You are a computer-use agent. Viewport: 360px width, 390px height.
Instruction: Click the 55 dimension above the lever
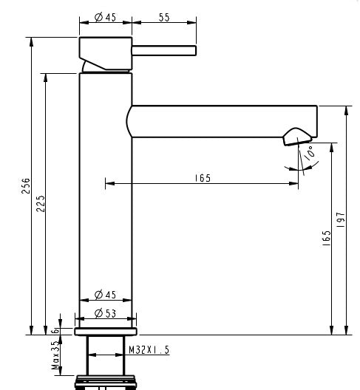[x=163, y=17]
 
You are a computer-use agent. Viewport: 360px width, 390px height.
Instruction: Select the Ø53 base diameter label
[x=106, y=312]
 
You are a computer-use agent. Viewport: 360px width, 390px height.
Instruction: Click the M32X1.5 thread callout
[x=149, y=350]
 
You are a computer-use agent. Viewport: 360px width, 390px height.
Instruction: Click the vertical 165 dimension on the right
[x=326, y=239]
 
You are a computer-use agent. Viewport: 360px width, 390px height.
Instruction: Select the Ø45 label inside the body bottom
[x=106, y=295]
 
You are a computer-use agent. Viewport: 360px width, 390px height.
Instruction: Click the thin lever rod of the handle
[x=163, y=50]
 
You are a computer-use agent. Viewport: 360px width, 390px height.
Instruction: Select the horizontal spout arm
[x=222, y=121]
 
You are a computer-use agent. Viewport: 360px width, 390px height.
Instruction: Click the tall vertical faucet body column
[x=105, y=207]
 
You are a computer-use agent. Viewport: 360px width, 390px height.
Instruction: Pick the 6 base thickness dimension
[x=64, y=324]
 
